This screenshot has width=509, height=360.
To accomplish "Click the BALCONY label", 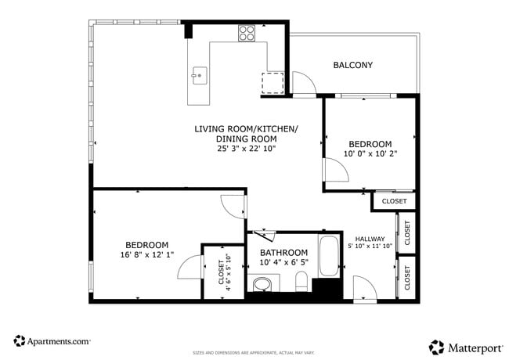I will click(352, 65).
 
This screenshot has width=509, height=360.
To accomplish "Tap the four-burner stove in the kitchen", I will click(247, 33).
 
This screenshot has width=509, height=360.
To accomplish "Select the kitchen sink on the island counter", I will click(199, 76).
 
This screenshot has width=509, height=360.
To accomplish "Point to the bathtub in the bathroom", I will click(329, 255).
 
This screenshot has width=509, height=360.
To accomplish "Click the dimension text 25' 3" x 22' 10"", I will click(246, 149).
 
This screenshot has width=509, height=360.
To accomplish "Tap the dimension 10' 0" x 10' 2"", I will click(370, 153).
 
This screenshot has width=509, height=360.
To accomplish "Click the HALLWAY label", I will click(370, 239).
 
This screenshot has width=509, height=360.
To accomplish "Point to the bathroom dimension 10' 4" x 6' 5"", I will click(283, 263).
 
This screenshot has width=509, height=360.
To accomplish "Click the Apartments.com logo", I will click(52, 341).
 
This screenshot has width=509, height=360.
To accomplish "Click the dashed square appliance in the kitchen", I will click(272, 82).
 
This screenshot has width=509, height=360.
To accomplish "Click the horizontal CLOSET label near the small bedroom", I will click(394, 201).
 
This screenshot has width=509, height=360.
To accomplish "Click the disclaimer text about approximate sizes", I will click(254, 353).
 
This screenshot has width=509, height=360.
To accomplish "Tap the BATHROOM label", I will click(283, 252).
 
